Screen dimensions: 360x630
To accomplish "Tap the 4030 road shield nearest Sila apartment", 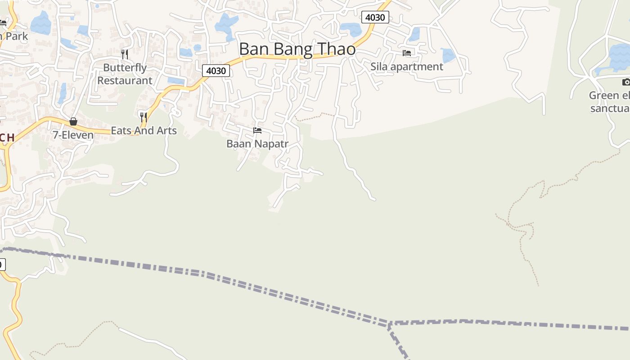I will click(x=375, y=18).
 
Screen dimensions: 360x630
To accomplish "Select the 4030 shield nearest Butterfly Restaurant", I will click(x=216, y=71).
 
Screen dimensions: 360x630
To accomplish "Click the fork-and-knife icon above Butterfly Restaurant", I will click(x=125, y=54).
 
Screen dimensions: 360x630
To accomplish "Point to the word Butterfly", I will click(x=125, y=67).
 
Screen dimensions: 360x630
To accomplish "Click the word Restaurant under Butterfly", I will click(x=125, y=81).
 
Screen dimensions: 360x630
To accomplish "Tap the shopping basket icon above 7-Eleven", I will click(x=73, y=121).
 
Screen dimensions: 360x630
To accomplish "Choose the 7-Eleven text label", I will click(x=73, y=135).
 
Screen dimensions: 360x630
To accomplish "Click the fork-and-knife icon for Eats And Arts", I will click(x=144, y=117).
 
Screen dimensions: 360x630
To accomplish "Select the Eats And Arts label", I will click(x=144, y=130).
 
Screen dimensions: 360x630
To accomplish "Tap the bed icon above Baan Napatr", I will click(x=257, y=130).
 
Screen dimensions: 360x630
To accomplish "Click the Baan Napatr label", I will click(x=257, y=144).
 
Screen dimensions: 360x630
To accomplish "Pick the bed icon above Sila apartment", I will click(x=407, y=53).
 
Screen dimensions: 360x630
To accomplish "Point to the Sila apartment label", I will click(x=407, y=67).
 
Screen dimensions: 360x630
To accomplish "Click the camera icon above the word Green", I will click(x=626, y=82).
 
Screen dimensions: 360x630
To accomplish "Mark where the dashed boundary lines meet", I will click(x=389, y=324).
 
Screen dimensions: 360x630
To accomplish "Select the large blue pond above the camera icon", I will click(x=619, y=56).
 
